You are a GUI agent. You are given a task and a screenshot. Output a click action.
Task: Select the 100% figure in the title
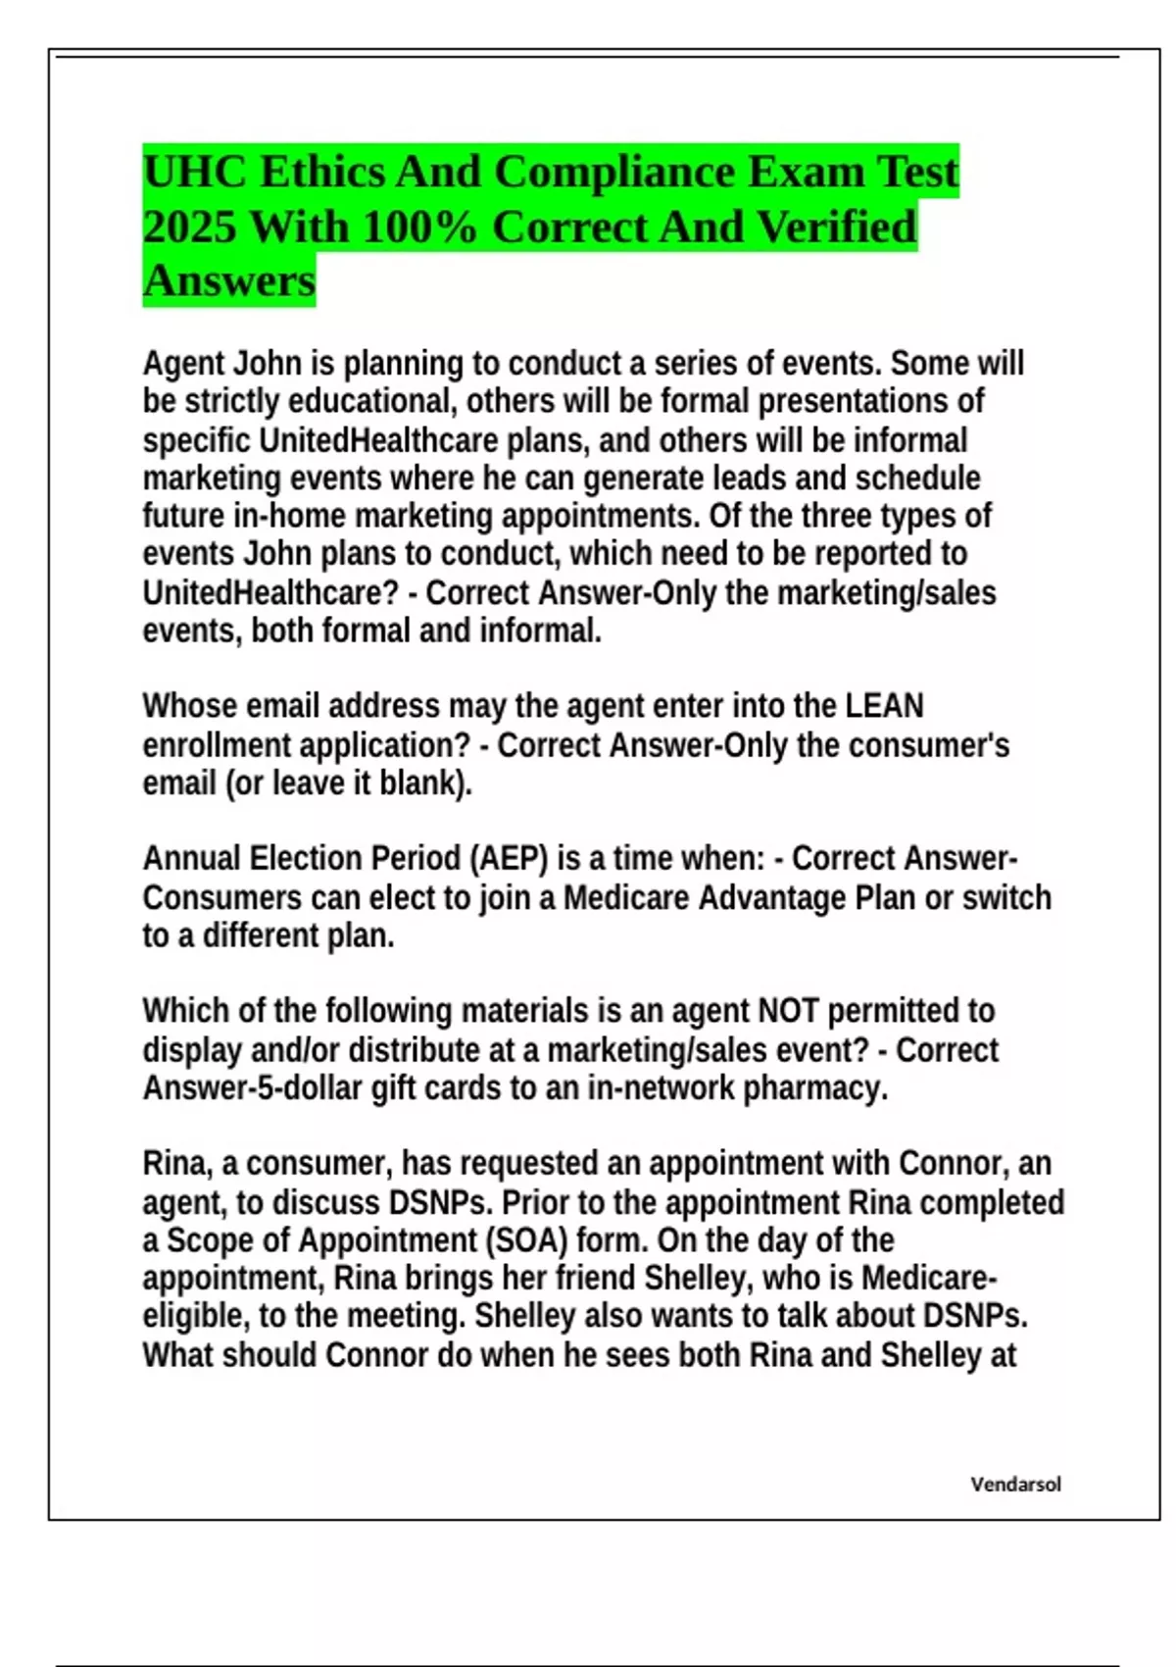tap(418, 227)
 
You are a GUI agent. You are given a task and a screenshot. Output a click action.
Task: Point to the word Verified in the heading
tap(838, 227)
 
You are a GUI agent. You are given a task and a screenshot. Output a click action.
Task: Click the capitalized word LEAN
tap(884, 706)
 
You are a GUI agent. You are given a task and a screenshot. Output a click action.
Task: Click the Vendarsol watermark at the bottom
tap(1015, 1484)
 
